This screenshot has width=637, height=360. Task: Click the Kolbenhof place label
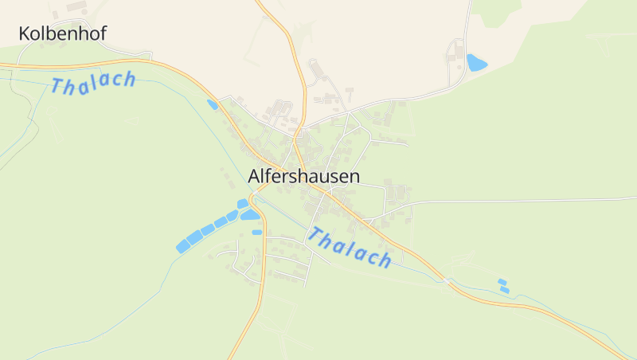[62, 33]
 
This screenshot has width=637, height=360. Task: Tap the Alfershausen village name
[303, 177]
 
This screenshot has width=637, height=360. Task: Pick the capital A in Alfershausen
[255, 177]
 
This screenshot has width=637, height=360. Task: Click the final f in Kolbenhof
[103, 33]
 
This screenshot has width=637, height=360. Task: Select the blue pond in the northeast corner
[477, 63]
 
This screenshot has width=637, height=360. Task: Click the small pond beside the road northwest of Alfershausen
[213, 104]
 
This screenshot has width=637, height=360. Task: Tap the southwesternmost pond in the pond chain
[182, 247]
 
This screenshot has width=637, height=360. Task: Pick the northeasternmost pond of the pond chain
[243, 204]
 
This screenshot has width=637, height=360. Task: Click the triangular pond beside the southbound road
[250, 214]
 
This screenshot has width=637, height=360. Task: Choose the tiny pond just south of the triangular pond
[256, 232]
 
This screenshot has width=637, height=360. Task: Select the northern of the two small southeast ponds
[502, 281]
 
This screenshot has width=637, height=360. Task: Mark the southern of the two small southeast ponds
[505, 290]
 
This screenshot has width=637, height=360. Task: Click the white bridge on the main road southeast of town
[448, 280]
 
